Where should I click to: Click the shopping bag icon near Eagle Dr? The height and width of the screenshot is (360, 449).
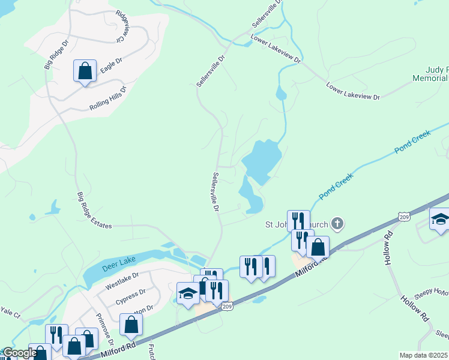click(x=85, y=71)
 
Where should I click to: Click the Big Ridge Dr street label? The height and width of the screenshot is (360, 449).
click(x=57, y=55)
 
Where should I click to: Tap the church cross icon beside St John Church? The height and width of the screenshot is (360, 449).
click(x=337, y=225)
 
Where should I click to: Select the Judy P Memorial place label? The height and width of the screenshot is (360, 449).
click(x=430, y=74)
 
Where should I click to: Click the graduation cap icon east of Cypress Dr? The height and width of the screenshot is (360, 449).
click(x=188, y=294)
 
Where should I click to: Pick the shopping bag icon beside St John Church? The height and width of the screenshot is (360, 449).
click(x=318, y=247)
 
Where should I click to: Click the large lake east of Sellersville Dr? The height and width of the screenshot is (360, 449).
click(x=262, y=161)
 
